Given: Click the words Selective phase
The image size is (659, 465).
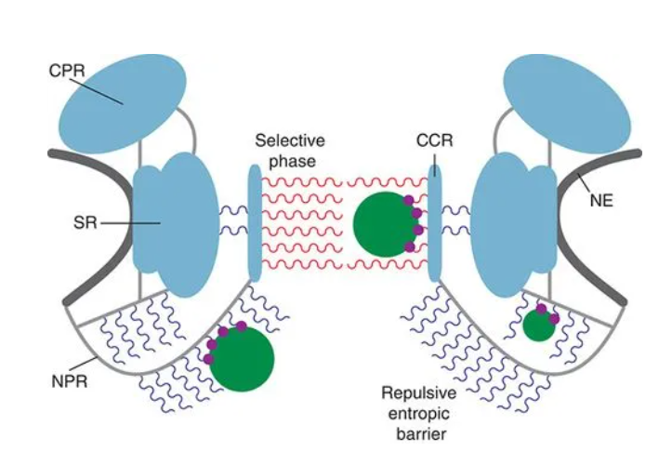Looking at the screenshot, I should [x=290, y=152].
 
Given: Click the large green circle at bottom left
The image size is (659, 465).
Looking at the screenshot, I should [x=241, y=358].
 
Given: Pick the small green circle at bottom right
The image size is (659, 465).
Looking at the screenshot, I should [x=538, y=326].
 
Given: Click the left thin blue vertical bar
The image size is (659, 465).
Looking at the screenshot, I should [x=256, y=223].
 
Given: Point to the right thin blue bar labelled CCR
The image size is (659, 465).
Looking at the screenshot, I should [x=433, y=223].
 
